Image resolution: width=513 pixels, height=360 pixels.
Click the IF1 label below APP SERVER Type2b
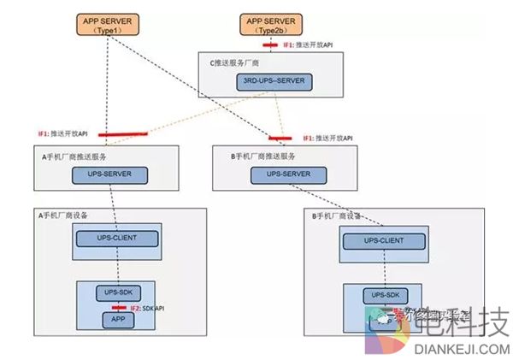(x=304, y=42)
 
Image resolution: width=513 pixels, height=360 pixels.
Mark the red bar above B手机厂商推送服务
(x=279, y=137)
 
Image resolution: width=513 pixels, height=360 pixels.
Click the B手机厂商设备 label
(x=342, y=215)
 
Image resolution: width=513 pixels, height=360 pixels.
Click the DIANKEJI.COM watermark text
(x=462, y=348)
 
